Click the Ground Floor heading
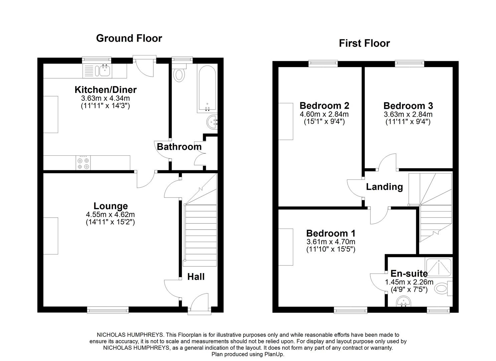[x=129, y=38]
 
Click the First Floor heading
[x=364, y=43]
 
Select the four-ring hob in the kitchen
[x=83, y=163]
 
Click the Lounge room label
[x=110, y=206]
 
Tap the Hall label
[x=196, y=277]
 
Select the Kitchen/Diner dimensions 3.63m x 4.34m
[x=105, y=98]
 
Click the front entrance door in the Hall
[x=199, y=304]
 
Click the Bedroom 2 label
[x=324, y=106]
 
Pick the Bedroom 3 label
[x=408, y=106]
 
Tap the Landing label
[x=384, y=187]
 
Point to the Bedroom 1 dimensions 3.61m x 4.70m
[x=331, y=242]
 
